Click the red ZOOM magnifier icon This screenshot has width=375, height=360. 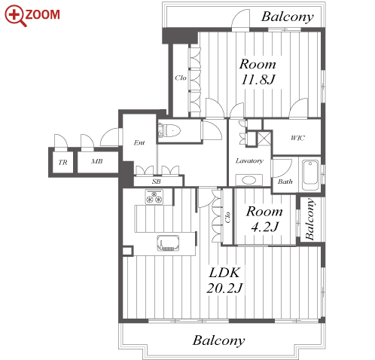15,16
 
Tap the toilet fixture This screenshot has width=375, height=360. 169,130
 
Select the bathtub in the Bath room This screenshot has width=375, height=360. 310,175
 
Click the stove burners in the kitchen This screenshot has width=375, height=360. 154,197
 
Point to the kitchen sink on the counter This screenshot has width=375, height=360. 168,243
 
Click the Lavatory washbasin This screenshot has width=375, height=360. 249,180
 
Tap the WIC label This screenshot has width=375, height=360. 297,138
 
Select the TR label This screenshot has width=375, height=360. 62,163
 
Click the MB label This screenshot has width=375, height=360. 97,161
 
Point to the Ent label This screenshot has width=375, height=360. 139,142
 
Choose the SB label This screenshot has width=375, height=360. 157,182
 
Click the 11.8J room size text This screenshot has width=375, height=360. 258,80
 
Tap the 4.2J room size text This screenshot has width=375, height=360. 265,227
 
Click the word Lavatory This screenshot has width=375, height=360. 249,160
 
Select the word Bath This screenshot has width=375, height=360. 285,182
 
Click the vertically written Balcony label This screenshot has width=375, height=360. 309,219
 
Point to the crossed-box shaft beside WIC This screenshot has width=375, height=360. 264,139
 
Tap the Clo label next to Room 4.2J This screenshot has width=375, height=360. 227,218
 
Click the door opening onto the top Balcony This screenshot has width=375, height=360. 240,20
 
